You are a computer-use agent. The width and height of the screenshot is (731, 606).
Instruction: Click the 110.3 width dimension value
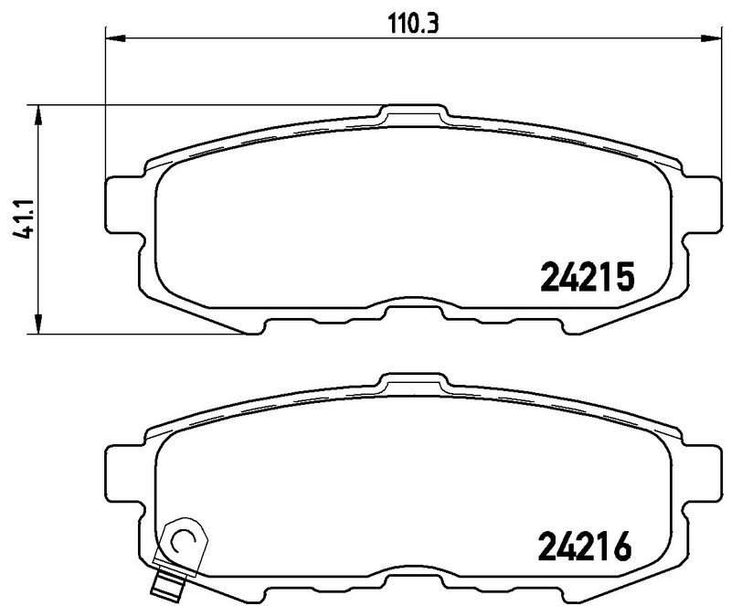coord(414,24)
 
